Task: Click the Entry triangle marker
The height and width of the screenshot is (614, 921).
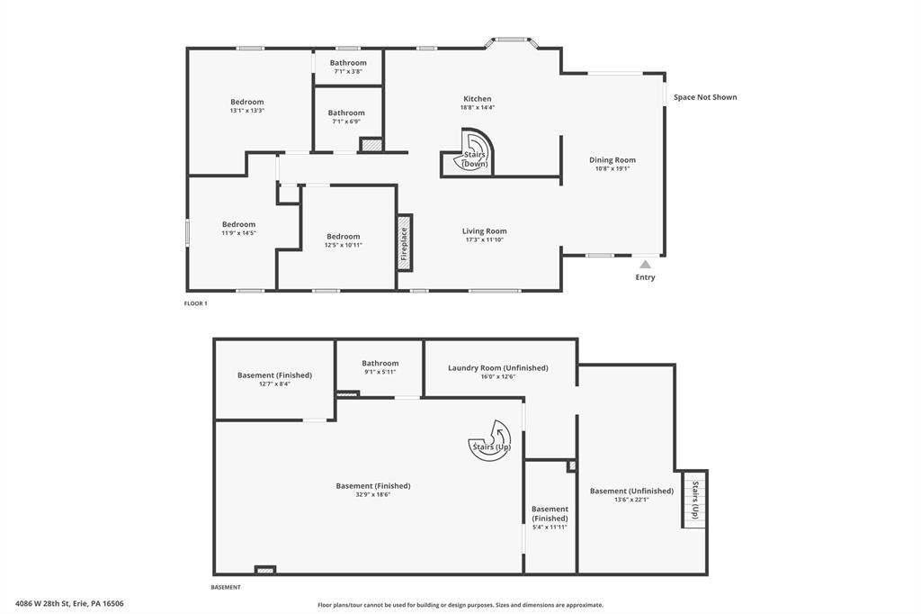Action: point(645,265)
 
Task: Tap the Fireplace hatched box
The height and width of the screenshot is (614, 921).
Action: point(404,242)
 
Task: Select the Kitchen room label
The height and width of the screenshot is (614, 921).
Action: point(477,99)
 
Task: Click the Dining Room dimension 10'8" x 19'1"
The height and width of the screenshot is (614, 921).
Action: point(612,168)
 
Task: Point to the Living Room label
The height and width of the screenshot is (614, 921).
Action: point(484,231)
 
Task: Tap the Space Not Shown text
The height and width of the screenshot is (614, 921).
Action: point(705,97)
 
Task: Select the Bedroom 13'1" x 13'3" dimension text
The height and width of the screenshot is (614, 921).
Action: point(246,111)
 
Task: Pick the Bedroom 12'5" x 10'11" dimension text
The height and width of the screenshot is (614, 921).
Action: point(343,245)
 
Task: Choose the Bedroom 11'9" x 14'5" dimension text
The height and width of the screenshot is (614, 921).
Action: point(238,233)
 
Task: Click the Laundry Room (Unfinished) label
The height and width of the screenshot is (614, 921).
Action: point(498,368)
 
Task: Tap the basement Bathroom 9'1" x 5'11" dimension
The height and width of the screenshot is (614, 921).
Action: point(380,372)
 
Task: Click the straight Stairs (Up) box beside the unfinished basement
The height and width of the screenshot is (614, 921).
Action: point(694,500)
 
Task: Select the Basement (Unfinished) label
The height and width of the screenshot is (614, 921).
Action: point(631,491)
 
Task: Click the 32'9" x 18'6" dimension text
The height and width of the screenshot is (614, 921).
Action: point(373,494)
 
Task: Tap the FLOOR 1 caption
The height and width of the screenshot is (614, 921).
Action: point(195,304)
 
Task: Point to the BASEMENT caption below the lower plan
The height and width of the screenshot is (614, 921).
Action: point(226,588)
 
